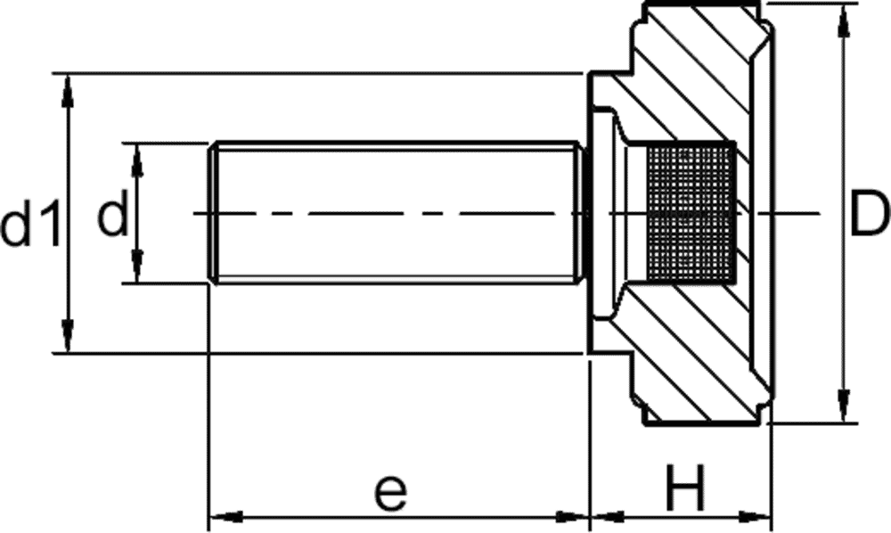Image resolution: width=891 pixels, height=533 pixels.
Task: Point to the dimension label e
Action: (x=391, y=492)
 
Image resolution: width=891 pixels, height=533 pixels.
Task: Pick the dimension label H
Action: (x=684, y=488)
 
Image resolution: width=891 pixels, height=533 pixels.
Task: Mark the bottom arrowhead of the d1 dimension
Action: (x=68, y=336)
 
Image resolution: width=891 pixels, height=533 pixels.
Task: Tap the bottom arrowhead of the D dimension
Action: (x=845, y=406)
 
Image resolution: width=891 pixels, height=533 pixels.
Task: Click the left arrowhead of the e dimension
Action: (x=226, y=517)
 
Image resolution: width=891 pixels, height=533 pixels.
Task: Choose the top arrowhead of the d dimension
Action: (x=136, y=160)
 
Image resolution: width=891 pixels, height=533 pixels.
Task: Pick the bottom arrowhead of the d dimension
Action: (x=136, y=266)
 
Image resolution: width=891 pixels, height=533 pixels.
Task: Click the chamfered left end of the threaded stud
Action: (x=213, y=213)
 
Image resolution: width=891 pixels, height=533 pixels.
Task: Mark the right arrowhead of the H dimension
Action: (x=755, y=517)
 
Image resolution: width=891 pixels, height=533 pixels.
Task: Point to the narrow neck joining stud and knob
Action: (x=584, y=213)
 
